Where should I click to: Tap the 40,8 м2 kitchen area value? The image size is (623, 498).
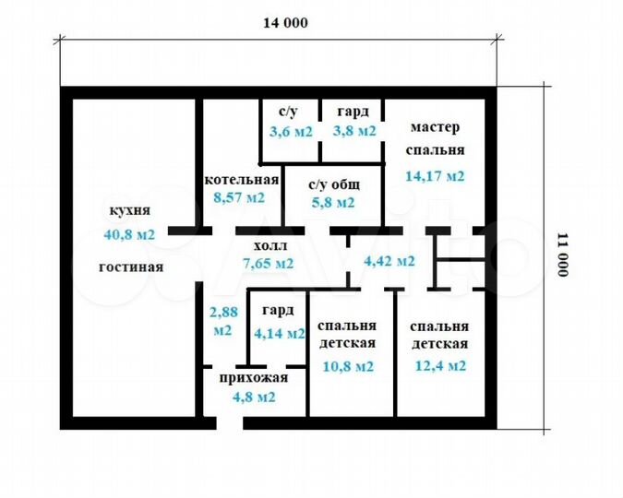(130, 234)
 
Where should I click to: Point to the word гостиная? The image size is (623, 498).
(131, 267)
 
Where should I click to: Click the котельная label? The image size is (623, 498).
(242, 179)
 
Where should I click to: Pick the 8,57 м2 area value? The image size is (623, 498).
(239, 196)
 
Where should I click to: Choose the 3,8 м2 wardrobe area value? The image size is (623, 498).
(355, 131)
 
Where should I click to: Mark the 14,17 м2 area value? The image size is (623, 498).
(435, 175)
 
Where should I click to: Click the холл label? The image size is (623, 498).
(270, 247)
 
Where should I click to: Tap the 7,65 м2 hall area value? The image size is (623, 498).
(268, 263)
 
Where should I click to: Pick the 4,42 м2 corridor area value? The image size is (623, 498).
(389, 261)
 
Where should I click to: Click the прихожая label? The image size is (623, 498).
(254, 377)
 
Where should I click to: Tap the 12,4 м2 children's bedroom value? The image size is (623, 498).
(440, 366)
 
